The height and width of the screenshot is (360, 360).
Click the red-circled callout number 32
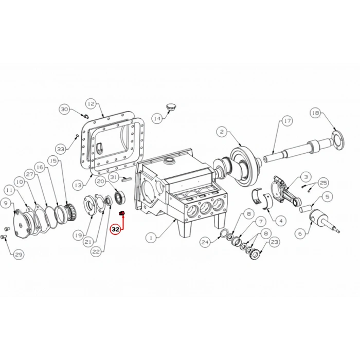point(116,229)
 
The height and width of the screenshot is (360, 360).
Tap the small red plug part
point(122,213)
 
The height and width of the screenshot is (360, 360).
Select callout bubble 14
point(157,118)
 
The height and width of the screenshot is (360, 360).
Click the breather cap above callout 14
point(170,107)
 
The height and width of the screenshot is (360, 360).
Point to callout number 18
point(316,113)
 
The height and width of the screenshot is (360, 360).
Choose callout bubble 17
point(287,121)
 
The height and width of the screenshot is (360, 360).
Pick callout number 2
point(222,132)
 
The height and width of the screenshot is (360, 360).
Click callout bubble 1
point(151,238)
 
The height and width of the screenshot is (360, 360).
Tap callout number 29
point(19,255)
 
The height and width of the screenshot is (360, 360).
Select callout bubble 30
point(64,109)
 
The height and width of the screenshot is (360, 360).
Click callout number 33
point(61,149)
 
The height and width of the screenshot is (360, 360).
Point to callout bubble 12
point(91,104)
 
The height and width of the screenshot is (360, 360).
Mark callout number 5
point(327,196)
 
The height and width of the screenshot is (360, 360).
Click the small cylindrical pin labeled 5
point(305,208)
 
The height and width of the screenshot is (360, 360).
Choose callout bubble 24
point(205,242)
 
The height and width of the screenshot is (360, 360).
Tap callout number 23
point(274,242)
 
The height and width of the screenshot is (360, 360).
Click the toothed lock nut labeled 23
point(255,254)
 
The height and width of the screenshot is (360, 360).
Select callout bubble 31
point(114,177)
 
